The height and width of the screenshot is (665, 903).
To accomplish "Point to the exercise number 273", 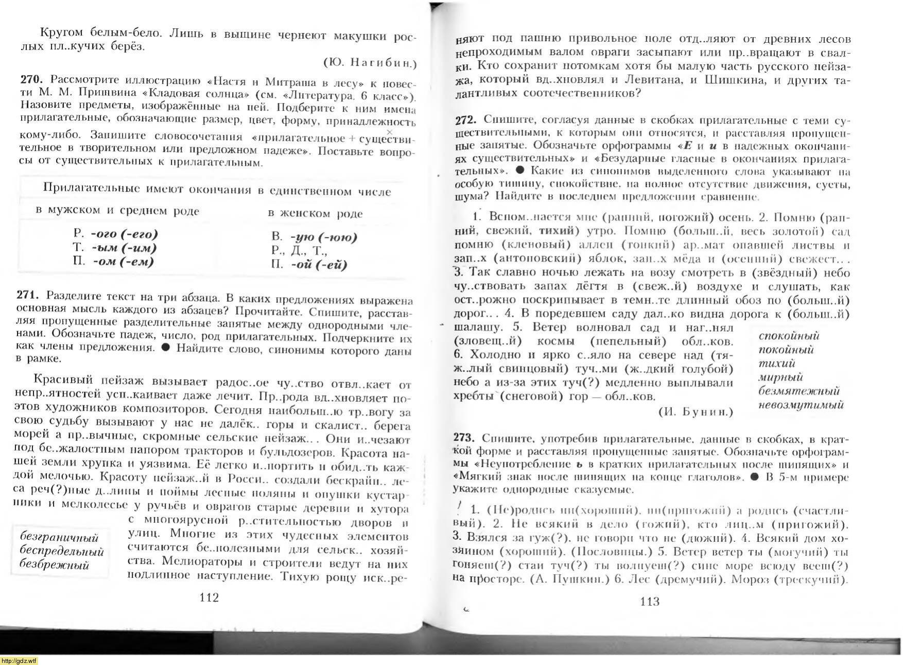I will tap(463, 437).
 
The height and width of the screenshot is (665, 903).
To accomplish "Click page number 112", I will tap(209, 597).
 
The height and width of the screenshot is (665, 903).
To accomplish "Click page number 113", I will tap(650, 601).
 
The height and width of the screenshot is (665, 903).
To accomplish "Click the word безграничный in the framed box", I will tap(59, 537).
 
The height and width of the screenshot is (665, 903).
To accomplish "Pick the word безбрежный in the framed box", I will tap(54, 565).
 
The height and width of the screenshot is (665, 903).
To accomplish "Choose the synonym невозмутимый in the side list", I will tap(801, 405).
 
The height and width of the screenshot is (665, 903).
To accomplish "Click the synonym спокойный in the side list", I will tap(789, 336).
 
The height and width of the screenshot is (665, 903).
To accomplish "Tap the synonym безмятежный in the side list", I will tap(798, 391).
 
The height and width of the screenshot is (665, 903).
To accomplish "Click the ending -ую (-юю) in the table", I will tap(323, 237).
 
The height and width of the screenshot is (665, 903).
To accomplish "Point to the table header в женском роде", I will tap(315, 213).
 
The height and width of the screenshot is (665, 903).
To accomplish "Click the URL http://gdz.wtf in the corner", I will tap(19, 660).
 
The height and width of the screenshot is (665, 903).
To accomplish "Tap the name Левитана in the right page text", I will tap(649, 80).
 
